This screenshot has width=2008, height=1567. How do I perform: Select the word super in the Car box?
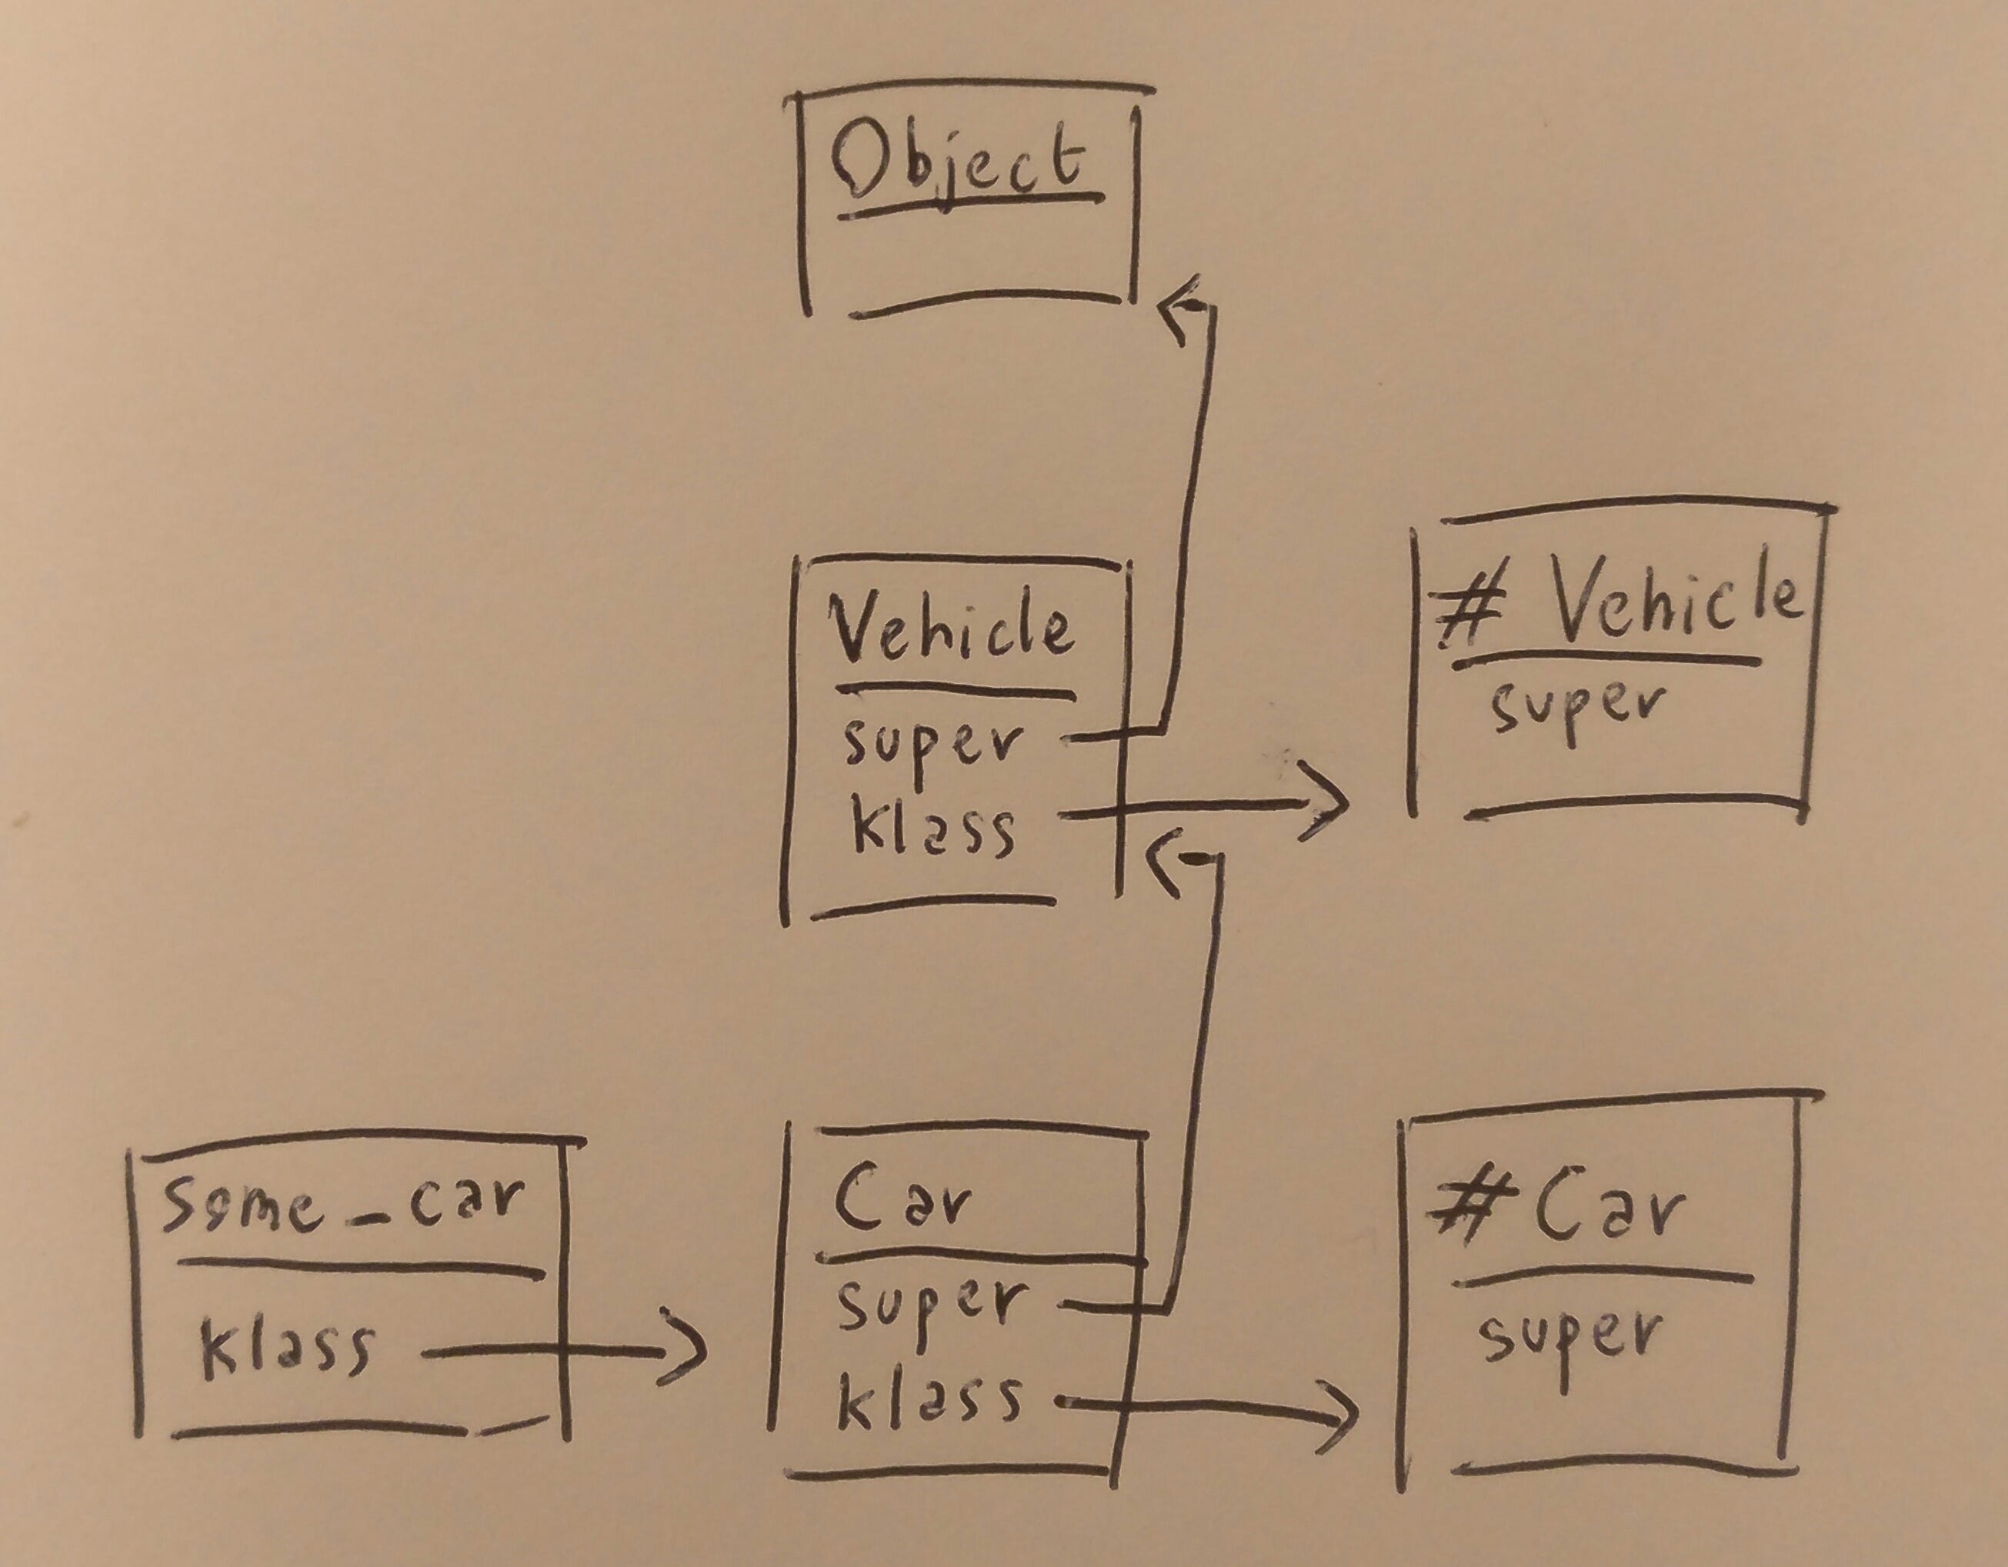928,1306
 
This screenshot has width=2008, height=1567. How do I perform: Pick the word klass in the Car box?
928,1401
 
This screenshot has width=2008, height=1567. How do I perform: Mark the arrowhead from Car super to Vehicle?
1165,859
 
